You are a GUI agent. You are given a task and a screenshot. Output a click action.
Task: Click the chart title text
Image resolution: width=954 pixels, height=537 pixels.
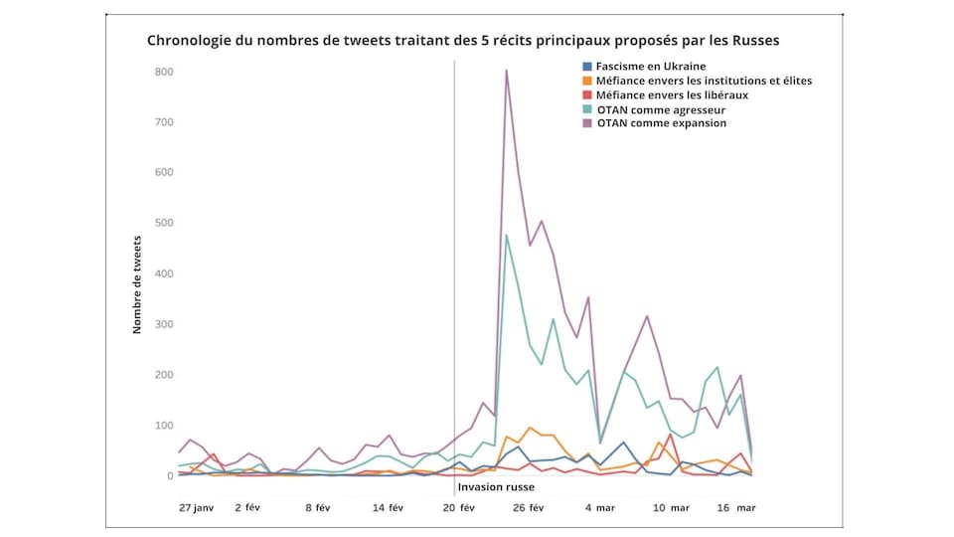click(463, 42)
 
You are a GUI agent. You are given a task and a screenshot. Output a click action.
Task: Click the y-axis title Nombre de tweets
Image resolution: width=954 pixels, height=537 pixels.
click(138, 283)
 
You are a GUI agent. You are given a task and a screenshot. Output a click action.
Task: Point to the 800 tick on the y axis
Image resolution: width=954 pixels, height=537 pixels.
click(164, 72)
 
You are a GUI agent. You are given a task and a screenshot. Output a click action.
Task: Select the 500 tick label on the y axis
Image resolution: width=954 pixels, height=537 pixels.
click(164, 224)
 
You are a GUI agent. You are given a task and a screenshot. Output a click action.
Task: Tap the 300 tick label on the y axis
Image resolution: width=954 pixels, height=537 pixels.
click(164, 324)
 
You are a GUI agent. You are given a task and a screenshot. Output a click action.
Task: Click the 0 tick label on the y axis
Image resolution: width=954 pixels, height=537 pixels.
click(169, 476)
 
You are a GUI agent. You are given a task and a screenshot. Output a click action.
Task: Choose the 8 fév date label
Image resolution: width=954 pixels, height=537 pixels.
click(318, 507)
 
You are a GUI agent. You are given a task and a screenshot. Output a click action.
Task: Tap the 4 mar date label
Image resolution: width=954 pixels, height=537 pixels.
click(599, 507)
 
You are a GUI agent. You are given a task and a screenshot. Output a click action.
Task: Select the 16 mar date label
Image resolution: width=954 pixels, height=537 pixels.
click(737, 507)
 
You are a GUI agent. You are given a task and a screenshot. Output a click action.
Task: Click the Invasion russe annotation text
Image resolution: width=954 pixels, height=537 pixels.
click(495, 487)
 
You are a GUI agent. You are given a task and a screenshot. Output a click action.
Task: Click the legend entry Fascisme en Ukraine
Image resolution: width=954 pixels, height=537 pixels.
click(650, 66)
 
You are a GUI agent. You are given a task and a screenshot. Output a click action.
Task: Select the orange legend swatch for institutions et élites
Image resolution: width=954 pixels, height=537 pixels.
click(587, 81)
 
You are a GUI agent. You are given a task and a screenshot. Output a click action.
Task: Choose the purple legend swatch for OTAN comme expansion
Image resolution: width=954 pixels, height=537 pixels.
click(587, 123)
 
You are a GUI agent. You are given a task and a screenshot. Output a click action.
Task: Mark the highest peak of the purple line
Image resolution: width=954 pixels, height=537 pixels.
click(507, 70)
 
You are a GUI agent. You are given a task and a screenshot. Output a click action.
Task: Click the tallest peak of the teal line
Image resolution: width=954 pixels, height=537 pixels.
click(507, 235)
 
